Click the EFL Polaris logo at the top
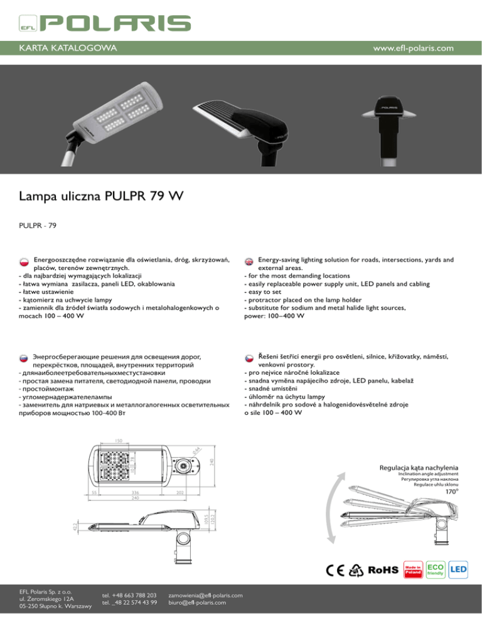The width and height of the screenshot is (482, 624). pyautogui.click(x=104, y=23)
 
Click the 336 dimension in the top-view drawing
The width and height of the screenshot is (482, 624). pyautogui.click(x=135, y=493)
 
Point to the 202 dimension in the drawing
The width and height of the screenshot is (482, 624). pyautogui.click(x=179, y=493)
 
